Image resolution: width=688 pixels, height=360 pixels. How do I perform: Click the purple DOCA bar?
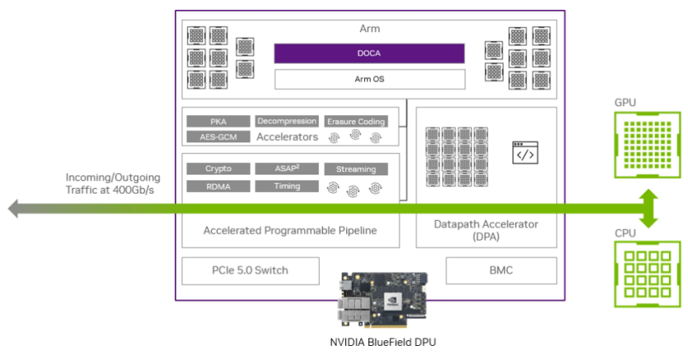click(369, 53)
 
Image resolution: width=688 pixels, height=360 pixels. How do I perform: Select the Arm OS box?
click(369, 79)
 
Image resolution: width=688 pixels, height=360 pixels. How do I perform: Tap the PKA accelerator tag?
click(218, 121)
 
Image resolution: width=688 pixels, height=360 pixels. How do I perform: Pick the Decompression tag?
click(286, 121)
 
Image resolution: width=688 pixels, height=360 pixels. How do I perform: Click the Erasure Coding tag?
click(356, 122)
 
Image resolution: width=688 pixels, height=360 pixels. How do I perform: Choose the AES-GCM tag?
click(218, 137)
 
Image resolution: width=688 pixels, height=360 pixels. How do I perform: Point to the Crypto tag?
click(218, 169)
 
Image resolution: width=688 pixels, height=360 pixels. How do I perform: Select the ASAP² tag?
click(286, 169)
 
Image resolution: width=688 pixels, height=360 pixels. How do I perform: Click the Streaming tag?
click(356, 170)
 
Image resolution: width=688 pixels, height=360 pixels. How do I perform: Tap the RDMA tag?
click(218, 186)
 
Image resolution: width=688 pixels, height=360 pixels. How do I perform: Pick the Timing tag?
click(286, 186)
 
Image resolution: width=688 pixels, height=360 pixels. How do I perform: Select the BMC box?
click(502, 270)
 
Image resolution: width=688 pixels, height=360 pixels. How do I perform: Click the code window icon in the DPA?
click(524, 154)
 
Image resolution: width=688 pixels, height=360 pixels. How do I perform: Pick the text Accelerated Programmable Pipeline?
click(289, 230)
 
